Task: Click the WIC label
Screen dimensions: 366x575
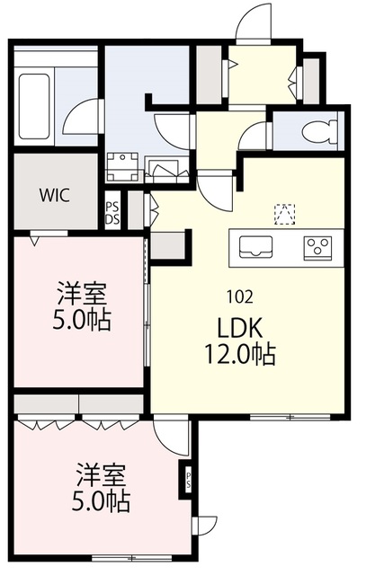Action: pyautogui.click(x=55, y=196)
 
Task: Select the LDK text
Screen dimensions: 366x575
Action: pyautogui.click(x=240, y=328)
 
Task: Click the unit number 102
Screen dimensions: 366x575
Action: pyautogui.click(x=240, y=296)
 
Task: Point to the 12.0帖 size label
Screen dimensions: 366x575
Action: pyautogui.click(x=240, y=355)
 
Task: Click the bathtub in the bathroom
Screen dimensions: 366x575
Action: pyautogui.click(x=34, y=106)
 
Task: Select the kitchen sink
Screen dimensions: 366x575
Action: pyautogui.click(x=256, y=247)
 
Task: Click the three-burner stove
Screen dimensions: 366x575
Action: pyautogui.click(x=317, y=248)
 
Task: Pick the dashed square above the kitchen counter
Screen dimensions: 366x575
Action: pyautogui.click(x=285, y=214)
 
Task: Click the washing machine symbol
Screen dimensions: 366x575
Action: pyautogui.click(x=122, y=167)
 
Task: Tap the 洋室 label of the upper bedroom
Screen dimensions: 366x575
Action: pyautogui.click(x=82, y=293)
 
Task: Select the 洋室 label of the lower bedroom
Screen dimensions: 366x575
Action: pyautogui.click(x=101, y=475)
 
